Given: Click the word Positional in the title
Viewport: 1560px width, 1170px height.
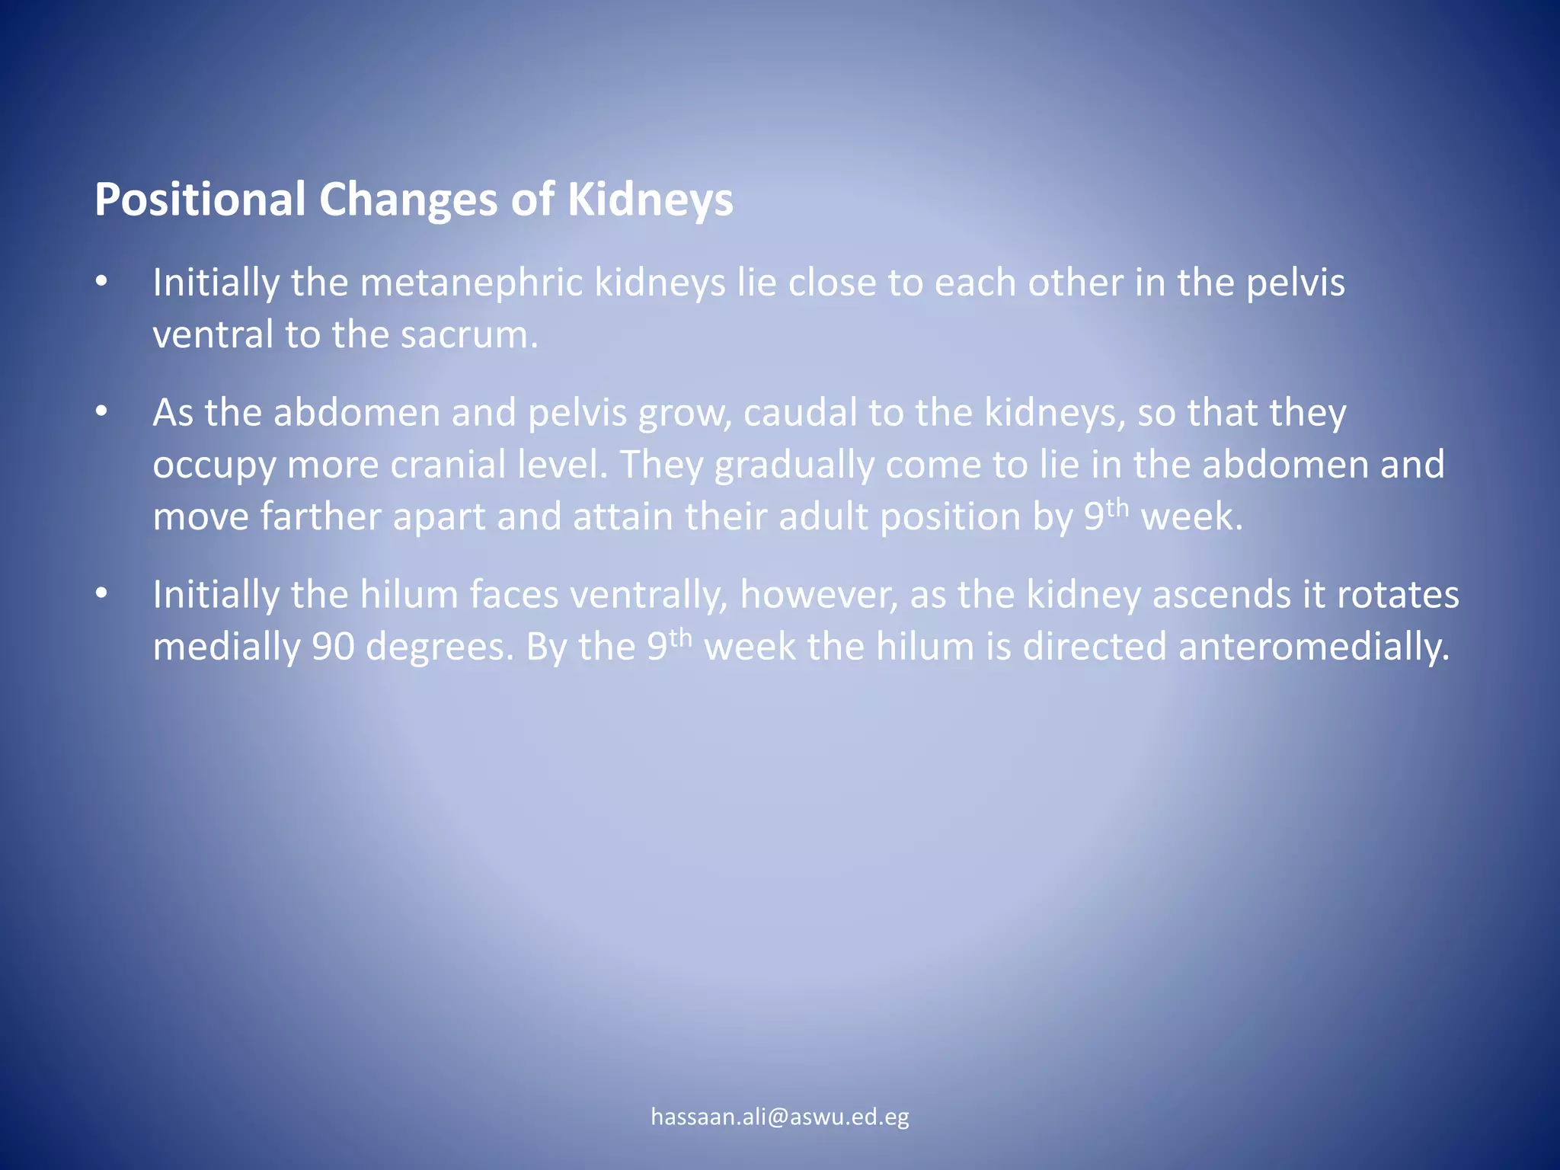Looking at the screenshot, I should tap(200, 200).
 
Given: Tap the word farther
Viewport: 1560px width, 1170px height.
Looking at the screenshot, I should tap(320, 516).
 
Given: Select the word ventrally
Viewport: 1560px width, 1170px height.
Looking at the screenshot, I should tap(647, 595).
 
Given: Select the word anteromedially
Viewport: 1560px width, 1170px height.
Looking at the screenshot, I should tap(1313, 647).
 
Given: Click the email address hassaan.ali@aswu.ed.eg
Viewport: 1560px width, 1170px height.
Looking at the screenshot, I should tap(780, 1117).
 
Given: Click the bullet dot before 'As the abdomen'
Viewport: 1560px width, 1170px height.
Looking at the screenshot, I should tap(102, 412).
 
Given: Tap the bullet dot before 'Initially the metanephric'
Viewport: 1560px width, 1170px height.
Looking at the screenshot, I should tap(102, 283).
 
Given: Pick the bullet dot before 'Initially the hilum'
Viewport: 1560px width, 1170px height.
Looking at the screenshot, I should tap(102, 594).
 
